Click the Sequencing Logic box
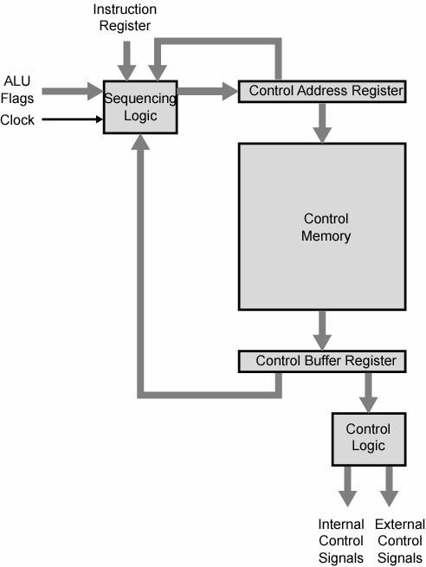(140, 107)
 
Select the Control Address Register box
(322, 92)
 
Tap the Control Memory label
(326, 227)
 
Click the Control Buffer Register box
(322, 361)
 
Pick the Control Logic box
(369, 439)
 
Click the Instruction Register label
(125, 17)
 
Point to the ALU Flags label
(17, 90)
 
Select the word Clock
(17, 119)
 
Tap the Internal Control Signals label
(341, 541)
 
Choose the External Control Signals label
(400, 541)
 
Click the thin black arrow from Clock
(73, 119)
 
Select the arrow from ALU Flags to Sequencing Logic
(73, 91)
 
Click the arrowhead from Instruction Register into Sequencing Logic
(126, 73)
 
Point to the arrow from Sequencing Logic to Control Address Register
(208, 91)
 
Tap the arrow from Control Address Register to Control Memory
(322, 123)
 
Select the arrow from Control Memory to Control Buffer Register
(322, 330)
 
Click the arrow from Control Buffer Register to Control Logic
(369, 393)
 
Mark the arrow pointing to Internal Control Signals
(348, 486)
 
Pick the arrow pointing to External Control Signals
(389, 486)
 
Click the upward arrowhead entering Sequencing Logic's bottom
(140, 142)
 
